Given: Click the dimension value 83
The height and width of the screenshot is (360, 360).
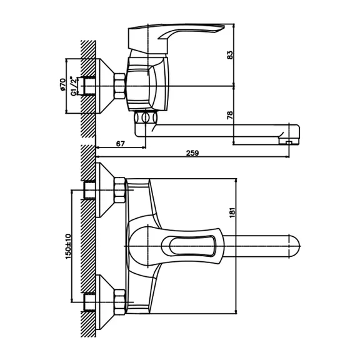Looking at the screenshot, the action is (230, 54).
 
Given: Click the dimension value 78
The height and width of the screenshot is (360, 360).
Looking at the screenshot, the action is (230, 115).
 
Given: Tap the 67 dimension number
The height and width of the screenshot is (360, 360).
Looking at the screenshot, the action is (120, 144).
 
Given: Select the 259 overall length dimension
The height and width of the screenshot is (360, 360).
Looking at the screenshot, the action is (192, 153).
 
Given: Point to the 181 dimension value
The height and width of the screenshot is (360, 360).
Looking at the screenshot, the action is (232, 212).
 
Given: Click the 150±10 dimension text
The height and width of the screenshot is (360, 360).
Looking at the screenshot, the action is (68, 246).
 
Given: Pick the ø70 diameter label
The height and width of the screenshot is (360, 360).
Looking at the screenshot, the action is (62, 85).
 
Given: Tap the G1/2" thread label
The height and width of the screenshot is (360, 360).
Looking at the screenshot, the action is (72, 86).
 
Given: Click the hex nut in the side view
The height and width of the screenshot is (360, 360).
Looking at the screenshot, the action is (119, 86).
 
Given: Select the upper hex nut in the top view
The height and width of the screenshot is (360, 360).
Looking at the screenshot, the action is (119, 190).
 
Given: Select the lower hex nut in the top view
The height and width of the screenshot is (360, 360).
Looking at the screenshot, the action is (119, 302).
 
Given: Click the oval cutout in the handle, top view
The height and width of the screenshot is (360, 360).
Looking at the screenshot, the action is (192, 246).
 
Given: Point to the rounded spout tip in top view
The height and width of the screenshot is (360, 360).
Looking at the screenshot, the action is (295, 246).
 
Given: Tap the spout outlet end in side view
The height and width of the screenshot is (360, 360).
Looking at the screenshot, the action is (289, 141).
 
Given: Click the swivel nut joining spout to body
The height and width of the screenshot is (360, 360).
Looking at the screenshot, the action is (146, 117).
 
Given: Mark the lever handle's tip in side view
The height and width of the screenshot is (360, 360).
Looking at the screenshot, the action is (223, 26).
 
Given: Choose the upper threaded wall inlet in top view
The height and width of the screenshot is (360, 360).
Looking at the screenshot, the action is (89, 190).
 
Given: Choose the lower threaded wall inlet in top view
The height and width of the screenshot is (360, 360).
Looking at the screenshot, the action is (89, 302).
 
